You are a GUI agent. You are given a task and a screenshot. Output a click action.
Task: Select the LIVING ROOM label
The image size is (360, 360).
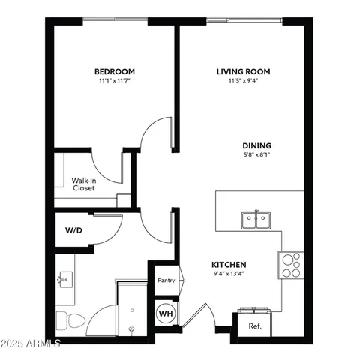(243, 71)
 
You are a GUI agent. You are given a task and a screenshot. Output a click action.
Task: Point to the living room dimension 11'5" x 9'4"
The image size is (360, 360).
(243, 80)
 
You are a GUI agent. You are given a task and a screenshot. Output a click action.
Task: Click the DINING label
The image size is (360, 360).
(256, 145)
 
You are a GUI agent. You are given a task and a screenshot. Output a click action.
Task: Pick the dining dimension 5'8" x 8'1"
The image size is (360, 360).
(256, 155)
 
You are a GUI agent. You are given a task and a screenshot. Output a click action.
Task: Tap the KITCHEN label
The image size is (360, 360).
(229, 265)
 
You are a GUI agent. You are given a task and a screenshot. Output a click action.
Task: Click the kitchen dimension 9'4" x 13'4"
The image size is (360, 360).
(229, 274)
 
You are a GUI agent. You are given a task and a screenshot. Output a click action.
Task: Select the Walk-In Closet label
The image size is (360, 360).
(83, 184)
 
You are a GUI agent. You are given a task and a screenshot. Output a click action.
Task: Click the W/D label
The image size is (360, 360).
(73, 230)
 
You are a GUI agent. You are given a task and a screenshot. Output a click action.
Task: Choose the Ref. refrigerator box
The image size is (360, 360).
(254, 325)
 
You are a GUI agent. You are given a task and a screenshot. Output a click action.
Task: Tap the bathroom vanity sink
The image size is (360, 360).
(64, 279)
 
